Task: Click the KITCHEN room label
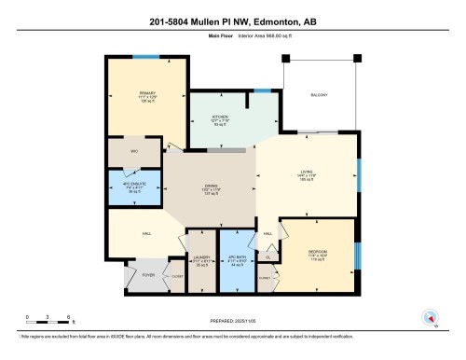219,118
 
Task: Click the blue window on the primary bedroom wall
145,56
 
